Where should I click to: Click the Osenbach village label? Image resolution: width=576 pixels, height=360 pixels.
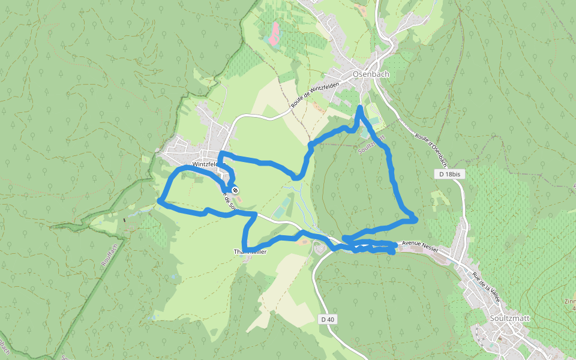(x=371, y=74)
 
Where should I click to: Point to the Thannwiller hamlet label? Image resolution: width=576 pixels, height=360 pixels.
(x=250, y=252)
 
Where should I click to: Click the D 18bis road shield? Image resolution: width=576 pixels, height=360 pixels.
(x=449, y=174)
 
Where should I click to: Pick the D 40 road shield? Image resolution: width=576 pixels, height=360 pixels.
(x=327, y=319)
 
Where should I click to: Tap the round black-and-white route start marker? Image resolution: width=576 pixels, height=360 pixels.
(x=235, y=190)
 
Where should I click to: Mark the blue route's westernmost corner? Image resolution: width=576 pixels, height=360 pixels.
(x=159, y=200)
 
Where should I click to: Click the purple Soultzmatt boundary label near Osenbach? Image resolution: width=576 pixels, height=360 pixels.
(x=372, y=144)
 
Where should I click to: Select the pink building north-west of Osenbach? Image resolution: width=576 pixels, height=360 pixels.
(x=274, y=34)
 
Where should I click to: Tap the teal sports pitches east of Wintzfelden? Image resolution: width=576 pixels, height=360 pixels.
(x=280, y=212)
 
